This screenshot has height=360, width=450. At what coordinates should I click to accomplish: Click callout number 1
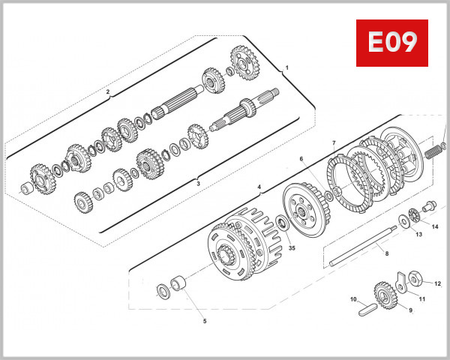286,67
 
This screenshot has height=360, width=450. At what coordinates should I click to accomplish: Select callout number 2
108,93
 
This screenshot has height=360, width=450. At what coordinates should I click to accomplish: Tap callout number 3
198,182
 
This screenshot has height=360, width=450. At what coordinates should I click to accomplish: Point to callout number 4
259,187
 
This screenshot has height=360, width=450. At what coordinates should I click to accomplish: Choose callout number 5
204,321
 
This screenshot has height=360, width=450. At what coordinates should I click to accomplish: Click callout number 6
301,159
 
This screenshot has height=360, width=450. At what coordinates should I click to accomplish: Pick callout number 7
334,142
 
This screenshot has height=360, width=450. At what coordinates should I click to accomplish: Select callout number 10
353,299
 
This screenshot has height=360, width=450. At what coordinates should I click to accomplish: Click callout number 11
421,299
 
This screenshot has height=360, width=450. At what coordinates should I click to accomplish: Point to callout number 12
438,283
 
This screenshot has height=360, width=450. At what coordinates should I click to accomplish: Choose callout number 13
419,235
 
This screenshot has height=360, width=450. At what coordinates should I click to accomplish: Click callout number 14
434,226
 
